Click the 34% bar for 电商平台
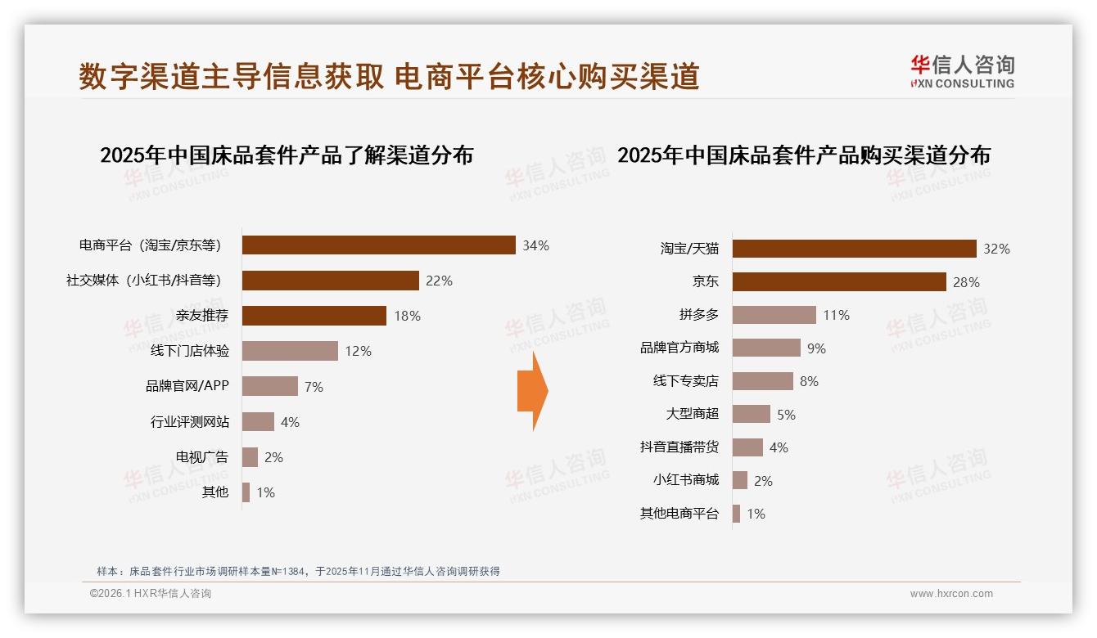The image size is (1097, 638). click(x=378, y=245)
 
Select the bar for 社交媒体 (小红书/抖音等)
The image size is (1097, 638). click(x=330, y=281)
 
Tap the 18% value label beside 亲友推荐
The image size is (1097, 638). click(x=407, y=316)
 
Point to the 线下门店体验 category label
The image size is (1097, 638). click(x=189, y=351)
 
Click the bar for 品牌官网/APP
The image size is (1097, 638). click(x=269, y=386)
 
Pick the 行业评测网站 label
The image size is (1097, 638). click(x=189, y=422)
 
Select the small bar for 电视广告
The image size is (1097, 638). click(x=250, y=457)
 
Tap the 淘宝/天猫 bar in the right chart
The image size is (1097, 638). click(x=854, y=249)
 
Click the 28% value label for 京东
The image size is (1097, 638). click(x=966, y=282)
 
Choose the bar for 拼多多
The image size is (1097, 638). click(x=774, y=315)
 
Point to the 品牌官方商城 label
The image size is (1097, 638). click(x=679, y=348)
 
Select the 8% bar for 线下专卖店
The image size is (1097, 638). click(x=762, y=381)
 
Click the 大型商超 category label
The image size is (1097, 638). click(x=692, y=414)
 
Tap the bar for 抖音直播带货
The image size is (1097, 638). click(x=747, y=447)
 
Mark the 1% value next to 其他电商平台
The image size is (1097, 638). click(x=756, y=514)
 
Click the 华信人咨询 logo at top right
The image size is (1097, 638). click(x=962, y=72)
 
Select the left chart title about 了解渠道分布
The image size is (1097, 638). click(x=287, y=155)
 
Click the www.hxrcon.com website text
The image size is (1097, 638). click(x=951, y=594)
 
